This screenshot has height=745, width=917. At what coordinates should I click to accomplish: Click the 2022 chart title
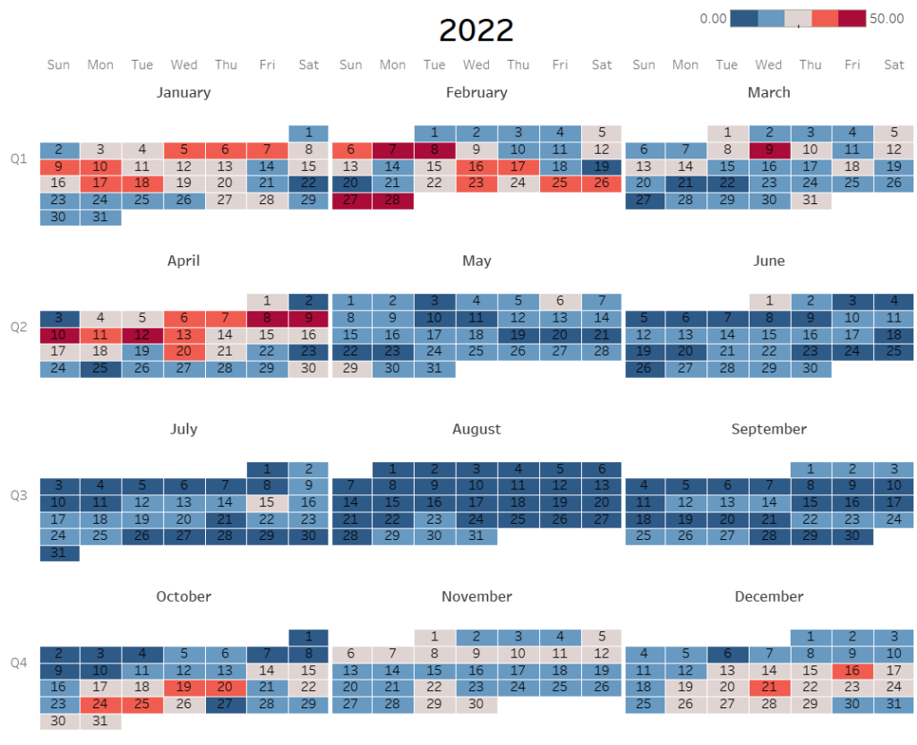click(476, 30)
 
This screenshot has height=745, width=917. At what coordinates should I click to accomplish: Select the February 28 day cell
click(393, 201)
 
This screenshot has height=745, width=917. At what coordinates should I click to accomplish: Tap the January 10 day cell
click(100, 167)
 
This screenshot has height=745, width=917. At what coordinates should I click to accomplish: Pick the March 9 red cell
click(768, 150)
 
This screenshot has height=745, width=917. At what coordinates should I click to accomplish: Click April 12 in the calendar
click(142, 335)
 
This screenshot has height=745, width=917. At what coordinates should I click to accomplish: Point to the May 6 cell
click(560, 301)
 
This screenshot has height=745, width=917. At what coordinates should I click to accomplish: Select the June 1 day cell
click(768, 301)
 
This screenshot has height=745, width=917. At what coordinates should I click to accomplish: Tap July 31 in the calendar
click(59, 553)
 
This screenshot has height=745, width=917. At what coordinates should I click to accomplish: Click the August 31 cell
click(476, 536)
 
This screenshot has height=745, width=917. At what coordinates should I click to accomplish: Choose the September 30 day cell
click(852, 536)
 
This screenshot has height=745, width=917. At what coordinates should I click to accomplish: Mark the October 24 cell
click(100, 704)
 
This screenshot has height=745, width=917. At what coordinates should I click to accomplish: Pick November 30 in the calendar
click(476, 704)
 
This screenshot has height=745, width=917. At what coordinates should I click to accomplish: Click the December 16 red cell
click(852, 670)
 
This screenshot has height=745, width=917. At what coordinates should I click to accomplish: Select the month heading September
click(768, 429)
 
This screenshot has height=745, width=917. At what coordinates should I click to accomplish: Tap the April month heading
click(184, 261)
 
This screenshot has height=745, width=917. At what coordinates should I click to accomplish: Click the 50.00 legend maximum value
click(887, 19)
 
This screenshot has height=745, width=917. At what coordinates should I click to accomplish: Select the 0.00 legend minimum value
click(713, 19)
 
